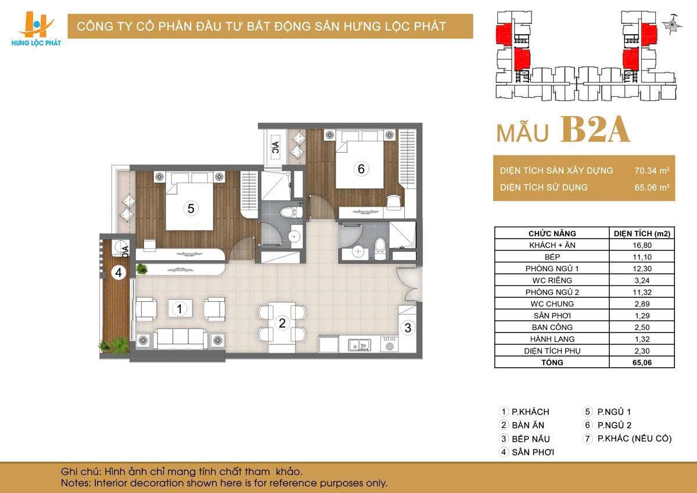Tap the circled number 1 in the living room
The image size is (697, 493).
pos(180,309)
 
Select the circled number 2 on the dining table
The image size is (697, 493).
pos(282,323)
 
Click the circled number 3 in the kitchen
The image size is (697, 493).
pos(408,328)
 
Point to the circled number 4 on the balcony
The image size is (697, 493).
pos(118,272)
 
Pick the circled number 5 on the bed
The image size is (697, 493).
pos(190,208)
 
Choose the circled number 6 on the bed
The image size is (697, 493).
pos(361,169)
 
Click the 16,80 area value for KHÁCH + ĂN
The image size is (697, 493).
pos(642,245)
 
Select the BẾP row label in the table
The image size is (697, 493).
pos(552,257)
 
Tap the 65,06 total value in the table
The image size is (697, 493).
pos(642,362)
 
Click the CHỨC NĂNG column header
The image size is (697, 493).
pos(552,233)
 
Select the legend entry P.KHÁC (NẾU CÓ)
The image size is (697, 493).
pos(634,438)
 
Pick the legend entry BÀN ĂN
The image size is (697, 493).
pos(528,426)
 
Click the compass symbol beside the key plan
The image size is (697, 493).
pos(674,23)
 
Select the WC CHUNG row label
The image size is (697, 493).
pos(552,304)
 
